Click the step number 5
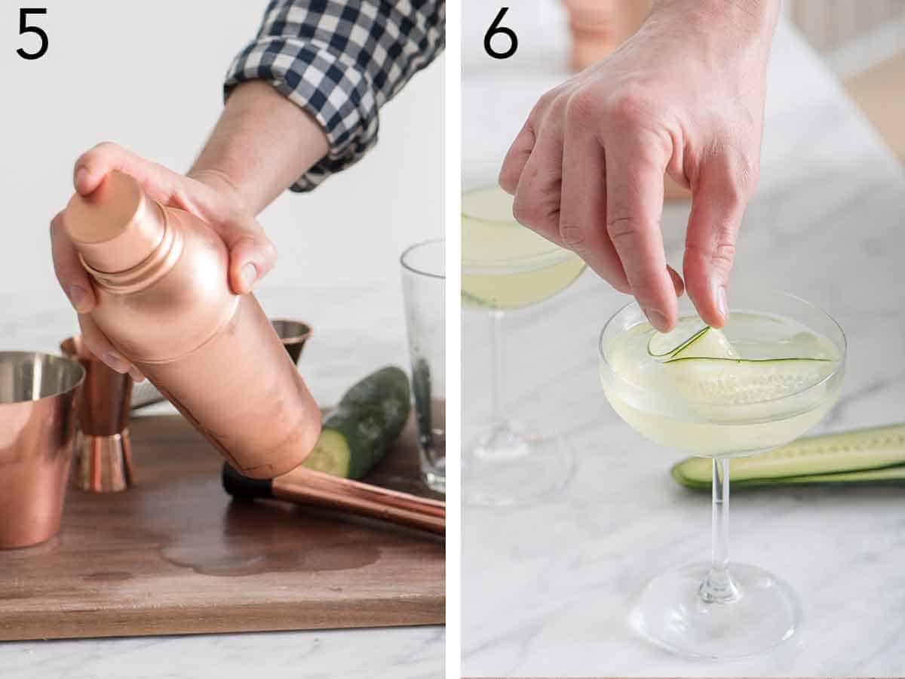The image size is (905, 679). tap(32, 34)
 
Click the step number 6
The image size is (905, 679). tap(501, 34)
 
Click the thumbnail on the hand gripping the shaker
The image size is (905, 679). tap(248, 276)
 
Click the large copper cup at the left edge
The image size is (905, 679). tap(34, 445)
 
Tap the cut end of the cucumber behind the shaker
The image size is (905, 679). tap(328, 453)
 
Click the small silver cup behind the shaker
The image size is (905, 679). tap(293, 336)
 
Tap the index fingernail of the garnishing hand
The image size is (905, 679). tap(720, 302)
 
